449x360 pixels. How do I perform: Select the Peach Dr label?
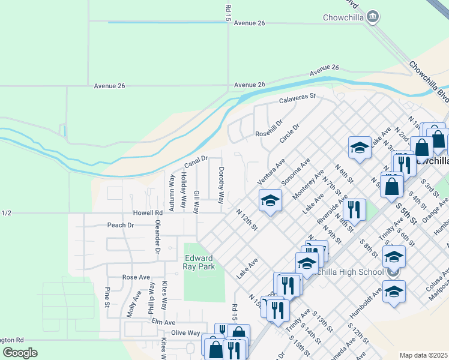120,225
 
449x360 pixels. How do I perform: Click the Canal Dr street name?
195,161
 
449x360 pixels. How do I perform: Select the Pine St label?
107,297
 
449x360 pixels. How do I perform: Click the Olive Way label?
185,332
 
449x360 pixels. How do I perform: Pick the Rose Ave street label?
136,277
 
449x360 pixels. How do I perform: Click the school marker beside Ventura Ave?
270,200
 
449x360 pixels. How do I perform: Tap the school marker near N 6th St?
360,148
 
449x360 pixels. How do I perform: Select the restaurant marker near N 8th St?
356,209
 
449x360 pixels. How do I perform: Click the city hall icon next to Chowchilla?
373,16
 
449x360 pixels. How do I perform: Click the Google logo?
20,353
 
